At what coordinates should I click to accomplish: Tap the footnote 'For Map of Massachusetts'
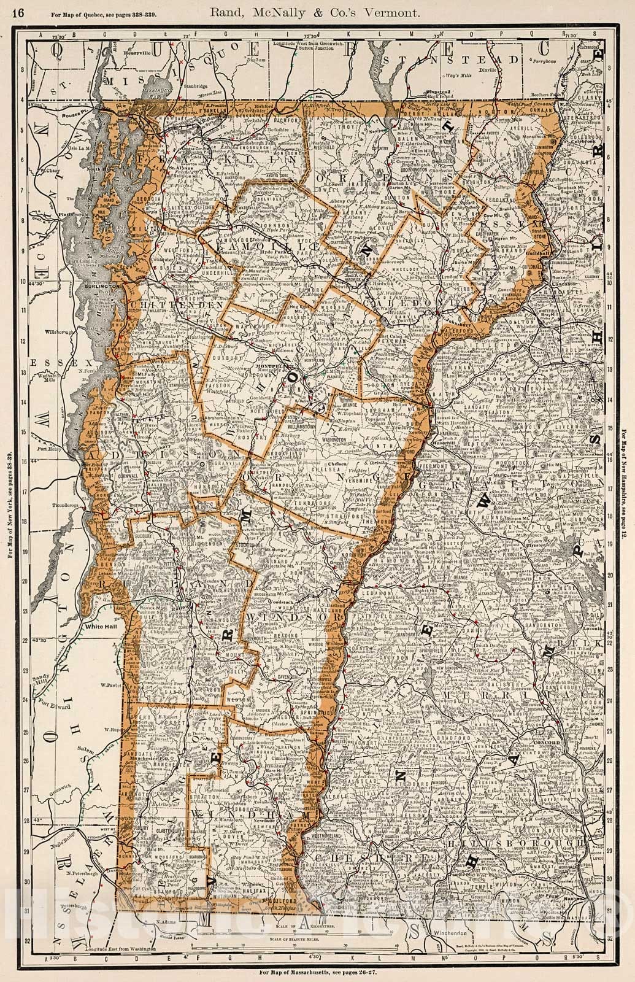[317, 973]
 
